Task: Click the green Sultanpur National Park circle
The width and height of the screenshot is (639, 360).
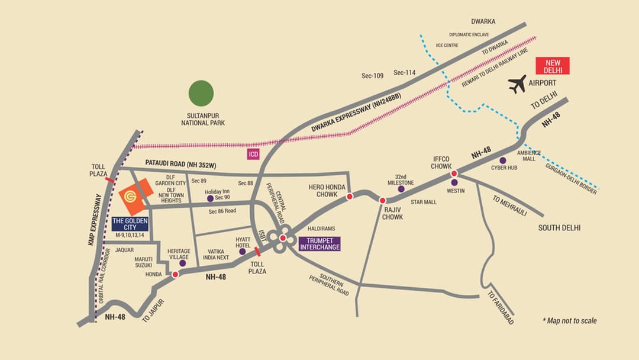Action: (201, 93)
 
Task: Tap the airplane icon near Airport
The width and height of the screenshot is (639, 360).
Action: (518, 84)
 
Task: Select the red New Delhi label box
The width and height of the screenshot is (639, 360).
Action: (552, 66)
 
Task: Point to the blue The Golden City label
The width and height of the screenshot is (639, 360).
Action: (130, 223)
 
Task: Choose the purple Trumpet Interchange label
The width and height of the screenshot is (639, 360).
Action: (319, 243)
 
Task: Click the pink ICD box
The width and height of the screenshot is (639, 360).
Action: (254, 153)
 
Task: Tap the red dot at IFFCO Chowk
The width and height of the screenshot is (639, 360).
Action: (454, 173)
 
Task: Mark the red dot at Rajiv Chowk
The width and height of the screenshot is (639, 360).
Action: (383, 201)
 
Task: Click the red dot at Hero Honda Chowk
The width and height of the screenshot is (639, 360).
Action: (350, 197)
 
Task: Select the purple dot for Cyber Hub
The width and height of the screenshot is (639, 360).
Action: (502, 160)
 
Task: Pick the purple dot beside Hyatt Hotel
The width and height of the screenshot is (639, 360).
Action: (242, 252)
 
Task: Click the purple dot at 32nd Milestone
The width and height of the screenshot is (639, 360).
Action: (402, 189)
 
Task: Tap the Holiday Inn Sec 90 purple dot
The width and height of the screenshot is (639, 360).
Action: (209, 198)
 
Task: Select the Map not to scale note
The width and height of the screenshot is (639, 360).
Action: (569, 321)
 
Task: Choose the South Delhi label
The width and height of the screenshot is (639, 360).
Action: (559, 228)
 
